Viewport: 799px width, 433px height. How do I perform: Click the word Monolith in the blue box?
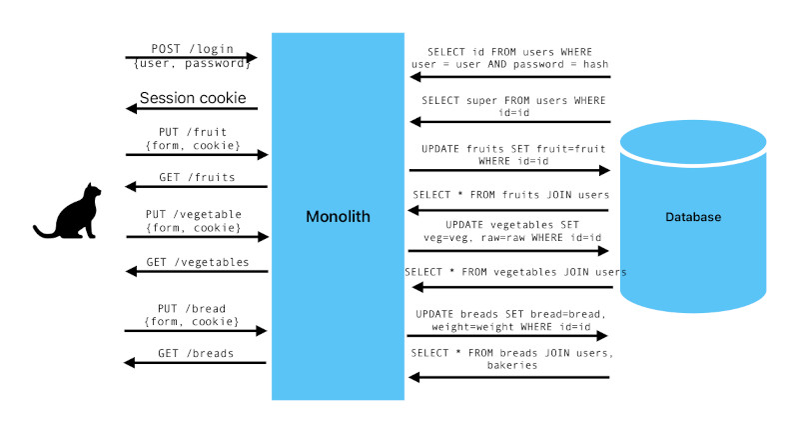pyautogui.click(x=337, y=216)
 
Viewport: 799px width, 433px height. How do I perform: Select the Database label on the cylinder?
pyautogui.click(x=692, y=217)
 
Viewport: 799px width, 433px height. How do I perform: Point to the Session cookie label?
pyautogui.click(x=191, y=98)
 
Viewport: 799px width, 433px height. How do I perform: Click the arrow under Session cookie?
pyautogui.click(x=192, y=109)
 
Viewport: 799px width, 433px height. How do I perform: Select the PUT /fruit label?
pyautogui.click(x=193, y=131)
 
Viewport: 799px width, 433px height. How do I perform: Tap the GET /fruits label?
pyautogui.click(x=197, y=177)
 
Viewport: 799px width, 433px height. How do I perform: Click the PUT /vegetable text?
pyautogui.click(x=193, y=214)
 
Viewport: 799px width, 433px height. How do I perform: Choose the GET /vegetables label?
pyautogui.click(x=197, y=262)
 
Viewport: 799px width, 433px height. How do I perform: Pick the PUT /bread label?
pyautogui.click(x=193, y=308)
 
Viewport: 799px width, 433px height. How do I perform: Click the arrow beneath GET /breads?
pyautogui.click(x=196, y=363)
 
